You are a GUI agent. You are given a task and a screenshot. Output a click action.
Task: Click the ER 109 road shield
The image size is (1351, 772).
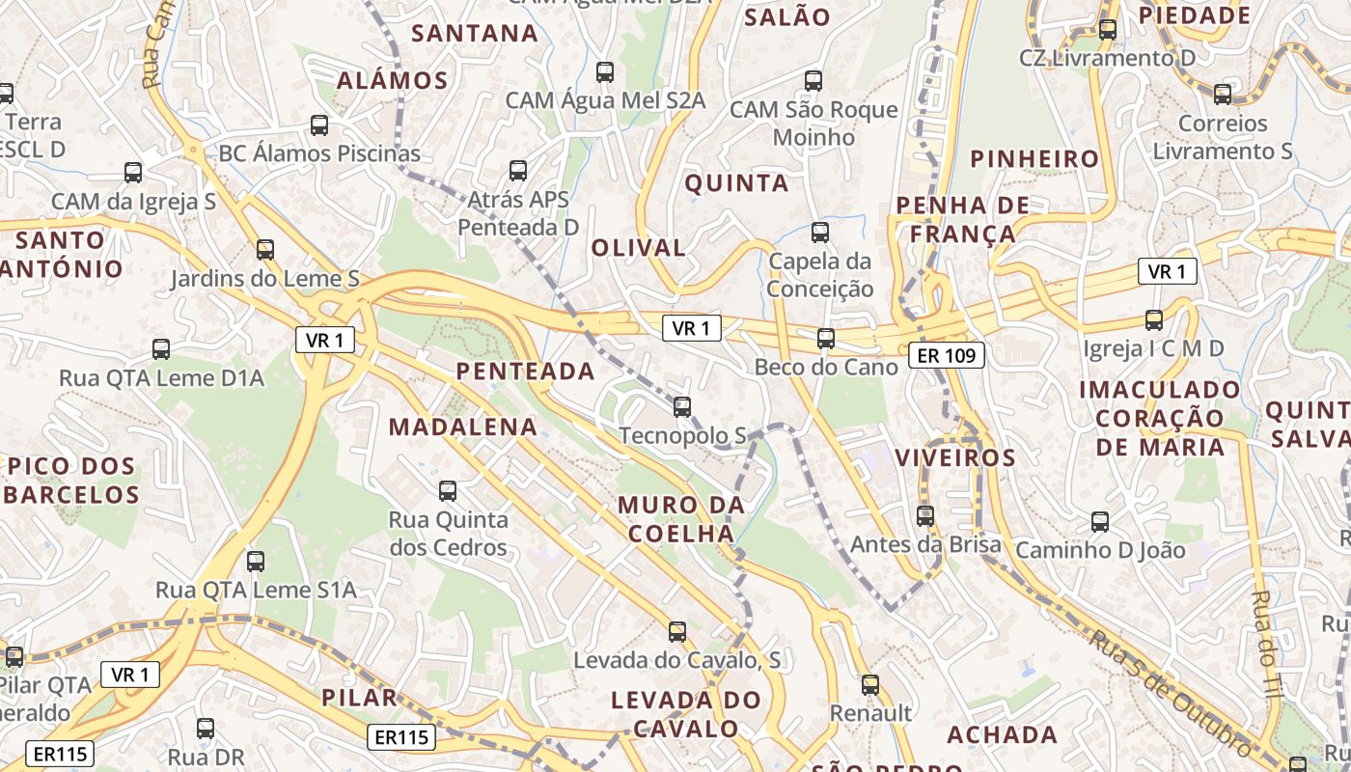[946, 356]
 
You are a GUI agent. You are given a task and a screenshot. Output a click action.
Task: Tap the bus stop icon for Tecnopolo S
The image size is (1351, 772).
[682, 407]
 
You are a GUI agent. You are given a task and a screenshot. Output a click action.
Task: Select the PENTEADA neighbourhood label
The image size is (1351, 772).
[525, 371]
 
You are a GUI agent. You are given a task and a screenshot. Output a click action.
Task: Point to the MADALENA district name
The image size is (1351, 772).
[463, 427]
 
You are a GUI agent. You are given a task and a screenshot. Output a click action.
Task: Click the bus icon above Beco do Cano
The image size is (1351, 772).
[825, 339]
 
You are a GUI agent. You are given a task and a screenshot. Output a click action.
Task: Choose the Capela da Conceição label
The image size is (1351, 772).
[820, 275]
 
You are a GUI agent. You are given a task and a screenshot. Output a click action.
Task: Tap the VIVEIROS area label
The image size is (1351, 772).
[955, 457]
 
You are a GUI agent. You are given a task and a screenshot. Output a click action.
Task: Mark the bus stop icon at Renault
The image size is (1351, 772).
[870, 685]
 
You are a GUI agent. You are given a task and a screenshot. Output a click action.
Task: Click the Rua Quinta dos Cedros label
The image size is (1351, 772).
[448, 534]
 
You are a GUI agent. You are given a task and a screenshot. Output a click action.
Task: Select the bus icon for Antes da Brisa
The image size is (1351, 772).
[925, 516]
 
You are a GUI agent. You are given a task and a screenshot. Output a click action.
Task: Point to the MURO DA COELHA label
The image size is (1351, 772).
[681, 519]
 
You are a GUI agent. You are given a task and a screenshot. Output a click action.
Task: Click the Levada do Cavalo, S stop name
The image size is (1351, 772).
[676, 661]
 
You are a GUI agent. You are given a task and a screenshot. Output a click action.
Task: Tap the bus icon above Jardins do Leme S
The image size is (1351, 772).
[265, 250]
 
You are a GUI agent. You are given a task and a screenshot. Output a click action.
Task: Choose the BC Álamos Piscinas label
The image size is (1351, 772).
[319, 153]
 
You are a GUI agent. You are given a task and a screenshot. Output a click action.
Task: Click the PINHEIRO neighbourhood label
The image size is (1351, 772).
[1034, 159]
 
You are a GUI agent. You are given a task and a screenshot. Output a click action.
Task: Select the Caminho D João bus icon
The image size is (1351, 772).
[1100, 523]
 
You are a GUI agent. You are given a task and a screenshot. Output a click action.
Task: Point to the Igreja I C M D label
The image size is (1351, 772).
[1153, 348]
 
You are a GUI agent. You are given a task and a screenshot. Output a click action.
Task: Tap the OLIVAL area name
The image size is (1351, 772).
[638, 248]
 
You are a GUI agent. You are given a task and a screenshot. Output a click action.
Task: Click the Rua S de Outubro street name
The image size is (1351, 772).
[1172, 691]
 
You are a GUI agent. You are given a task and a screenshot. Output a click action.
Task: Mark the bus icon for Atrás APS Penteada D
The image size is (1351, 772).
[518, 171]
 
